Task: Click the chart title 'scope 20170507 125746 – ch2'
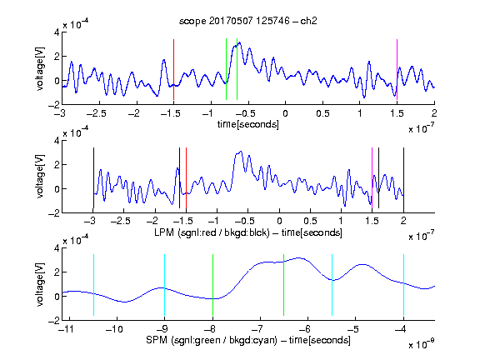tap(248, 21)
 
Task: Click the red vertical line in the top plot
tap(173, 69)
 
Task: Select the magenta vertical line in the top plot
tap(397, 69)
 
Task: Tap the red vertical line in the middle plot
tap(186, 177)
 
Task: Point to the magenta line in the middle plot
tap(372, 177)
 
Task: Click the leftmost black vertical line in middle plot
tap(93, 177)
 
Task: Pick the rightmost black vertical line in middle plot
tap(403, 177)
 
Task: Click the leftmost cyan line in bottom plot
tap(93, 285)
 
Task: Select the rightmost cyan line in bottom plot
tap(404, 285)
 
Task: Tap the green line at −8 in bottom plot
tap(212, 285)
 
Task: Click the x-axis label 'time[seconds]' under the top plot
tap(248, 124)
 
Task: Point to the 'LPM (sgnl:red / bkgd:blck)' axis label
tap(212, 232)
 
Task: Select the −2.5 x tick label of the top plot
tap(96, 113)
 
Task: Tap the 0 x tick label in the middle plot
tap(279, 221)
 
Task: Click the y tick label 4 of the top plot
tap(57, 32)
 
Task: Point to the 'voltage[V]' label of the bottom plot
tap(40, 284)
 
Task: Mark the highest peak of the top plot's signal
tap(239, 42)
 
